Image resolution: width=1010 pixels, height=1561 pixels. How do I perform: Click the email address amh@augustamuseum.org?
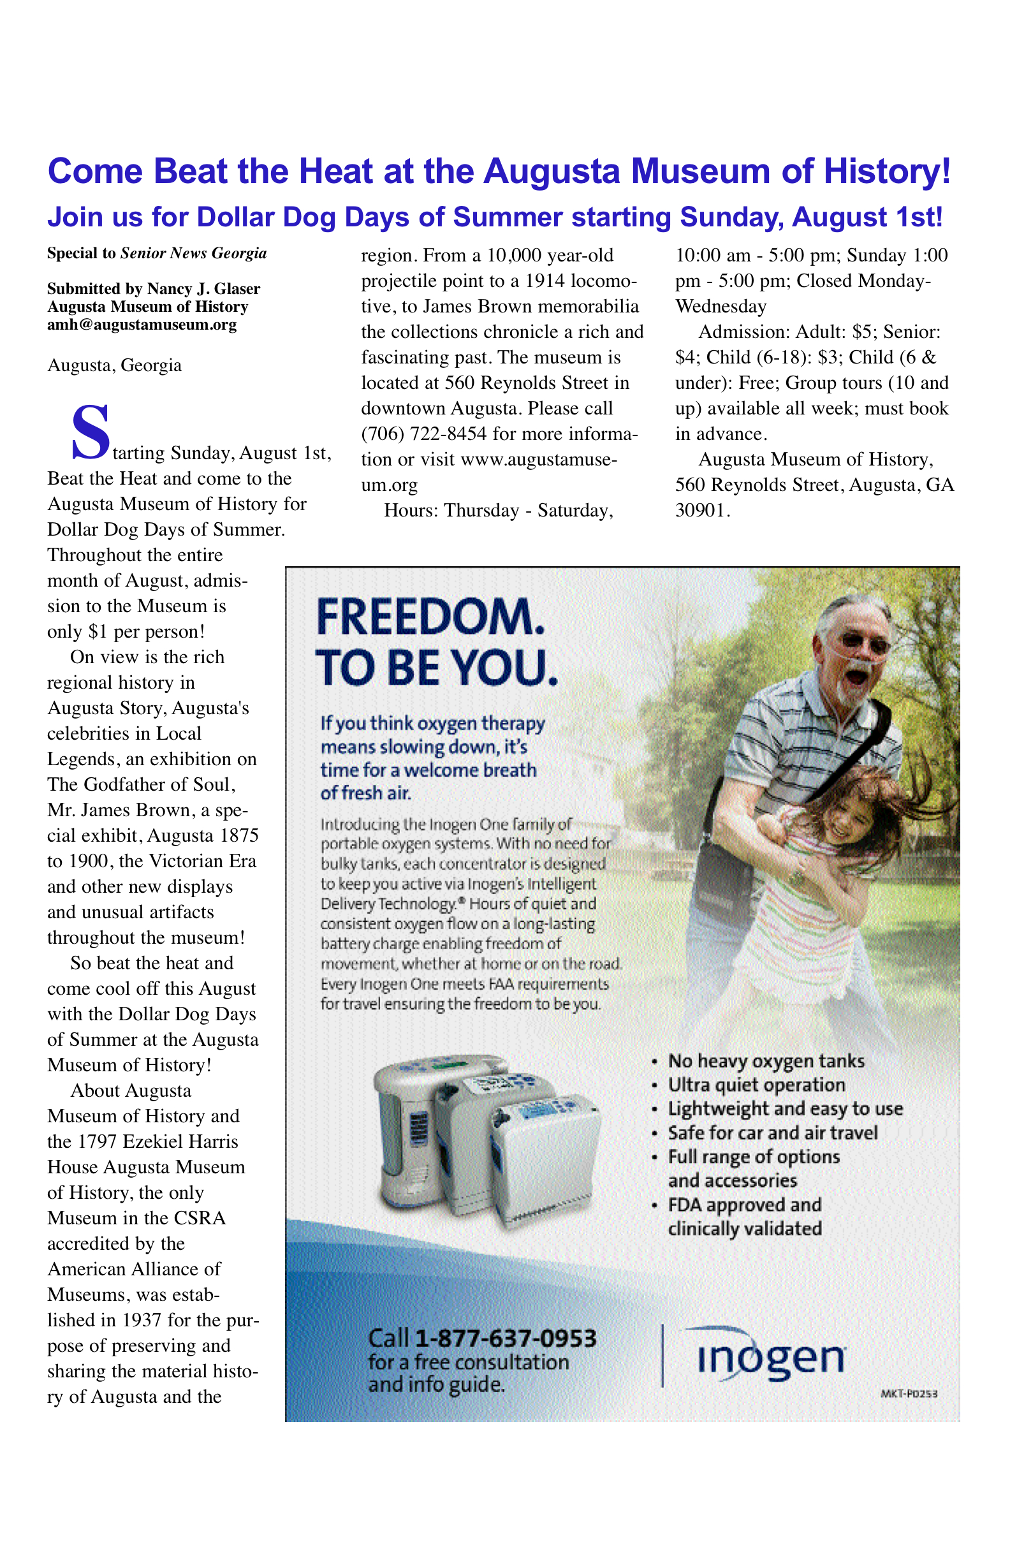(x=142, y=325)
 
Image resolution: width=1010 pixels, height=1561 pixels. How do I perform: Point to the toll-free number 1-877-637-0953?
(x=506, y=1337)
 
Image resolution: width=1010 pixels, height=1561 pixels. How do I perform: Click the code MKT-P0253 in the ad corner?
(x=909, y=1393)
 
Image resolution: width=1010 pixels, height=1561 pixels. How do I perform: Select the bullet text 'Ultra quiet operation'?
(x=756, y=1085)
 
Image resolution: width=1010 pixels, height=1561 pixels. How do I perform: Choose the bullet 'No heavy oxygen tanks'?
(x=766, y=1060)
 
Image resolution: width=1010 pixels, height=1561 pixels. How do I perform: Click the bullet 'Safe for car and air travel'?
(x=773, y=1132)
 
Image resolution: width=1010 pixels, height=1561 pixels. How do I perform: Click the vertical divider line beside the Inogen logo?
(x=662, y=1356)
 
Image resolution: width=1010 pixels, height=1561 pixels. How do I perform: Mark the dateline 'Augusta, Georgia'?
(x=114, y=365)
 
